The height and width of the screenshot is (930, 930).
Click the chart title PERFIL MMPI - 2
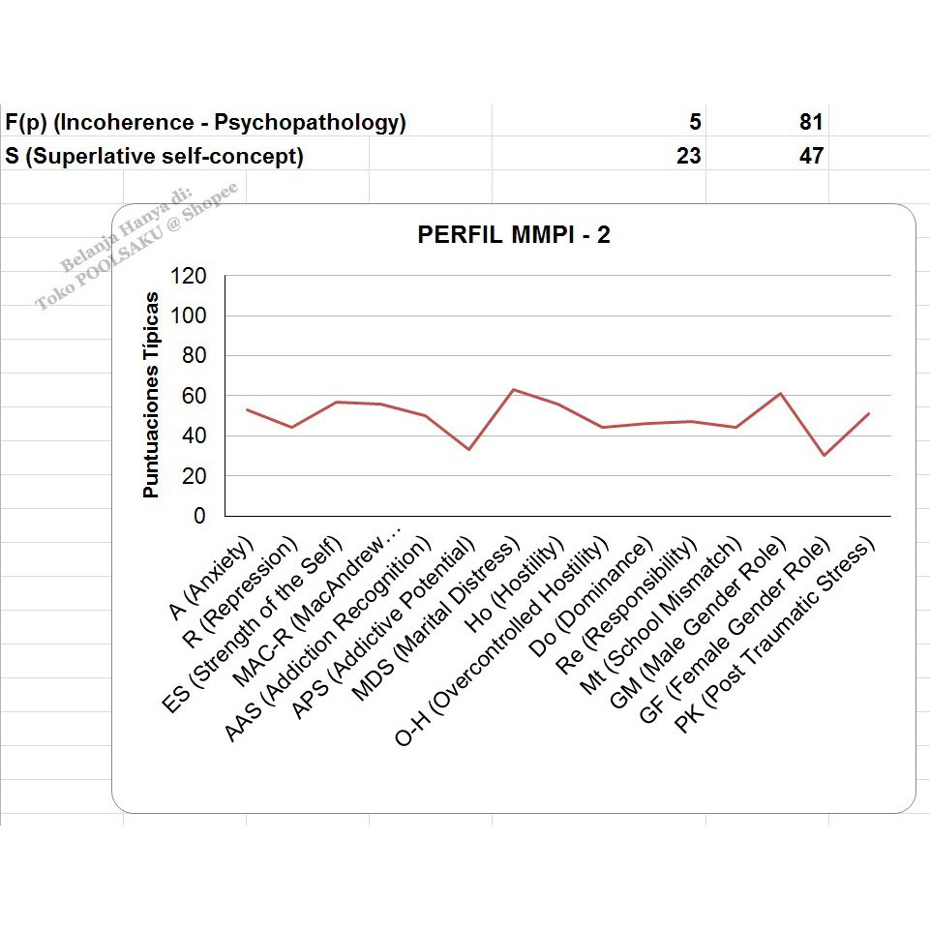pos(514,235)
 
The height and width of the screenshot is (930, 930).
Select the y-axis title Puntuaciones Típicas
pos(151,395)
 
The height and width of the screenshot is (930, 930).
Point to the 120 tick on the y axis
pos(188,276)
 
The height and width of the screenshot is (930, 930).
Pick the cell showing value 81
pos(810,123)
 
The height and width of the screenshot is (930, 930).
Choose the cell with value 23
pos(689,156)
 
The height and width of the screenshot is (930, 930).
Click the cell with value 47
pos(810,156)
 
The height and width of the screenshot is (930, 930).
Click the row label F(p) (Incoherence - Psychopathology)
pos(205,123)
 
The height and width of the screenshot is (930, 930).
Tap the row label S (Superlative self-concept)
pos(155,156)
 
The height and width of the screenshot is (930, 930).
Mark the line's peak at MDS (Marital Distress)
pos(513,390)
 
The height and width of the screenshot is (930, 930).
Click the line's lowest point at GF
pos(824,455)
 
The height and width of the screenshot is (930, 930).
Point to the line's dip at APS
pos(469,449)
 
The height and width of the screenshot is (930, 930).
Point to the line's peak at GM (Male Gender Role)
pos(780,393)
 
